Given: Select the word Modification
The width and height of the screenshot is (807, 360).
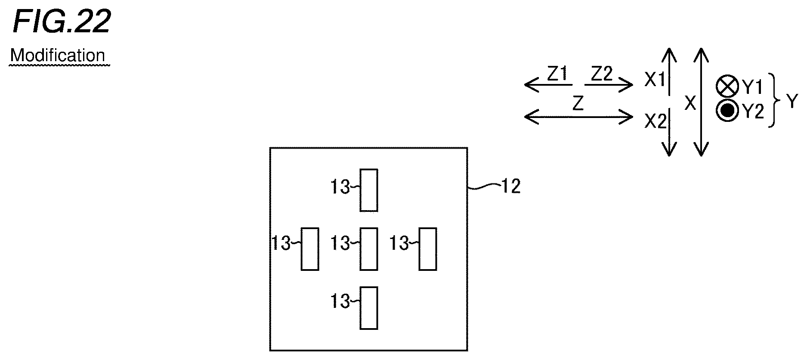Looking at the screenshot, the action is point(58,56).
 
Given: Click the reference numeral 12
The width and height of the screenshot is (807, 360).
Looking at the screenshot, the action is point(511,186).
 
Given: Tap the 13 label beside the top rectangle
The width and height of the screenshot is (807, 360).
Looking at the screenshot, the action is point(340,187).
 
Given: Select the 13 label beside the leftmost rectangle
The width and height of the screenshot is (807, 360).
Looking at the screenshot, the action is point(281,244).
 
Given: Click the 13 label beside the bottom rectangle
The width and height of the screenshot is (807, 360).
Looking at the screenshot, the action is point(340,301).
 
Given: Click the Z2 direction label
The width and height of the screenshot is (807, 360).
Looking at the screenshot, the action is point(602,74).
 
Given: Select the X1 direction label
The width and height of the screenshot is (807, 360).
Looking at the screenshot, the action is point(655,80).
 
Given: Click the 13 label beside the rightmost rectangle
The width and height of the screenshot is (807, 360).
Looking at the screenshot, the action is point(399,244).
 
